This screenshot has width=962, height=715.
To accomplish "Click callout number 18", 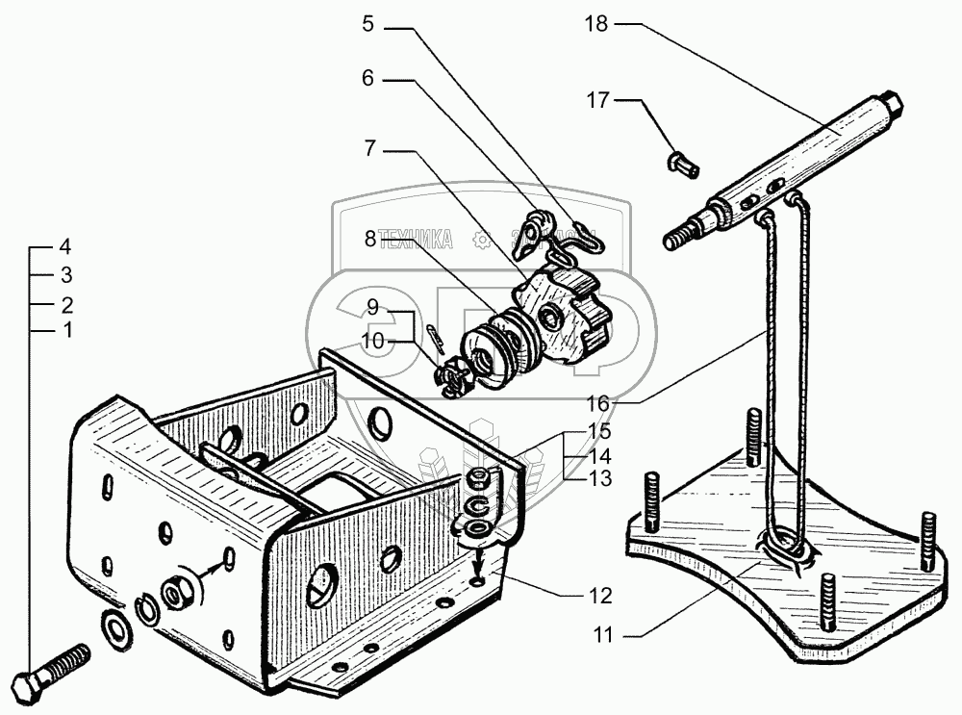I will [596, 24].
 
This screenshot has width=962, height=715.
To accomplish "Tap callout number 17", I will [598, 99].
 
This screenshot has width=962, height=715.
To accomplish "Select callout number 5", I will [367, 24].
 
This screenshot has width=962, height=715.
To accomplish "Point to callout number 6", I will [367, 80].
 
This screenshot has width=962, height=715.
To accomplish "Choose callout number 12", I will [600, 596].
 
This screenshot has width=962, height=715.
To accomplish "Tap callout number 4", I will [65, 244].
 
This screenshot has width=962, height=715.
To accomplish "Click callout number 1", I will [65, 331].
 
